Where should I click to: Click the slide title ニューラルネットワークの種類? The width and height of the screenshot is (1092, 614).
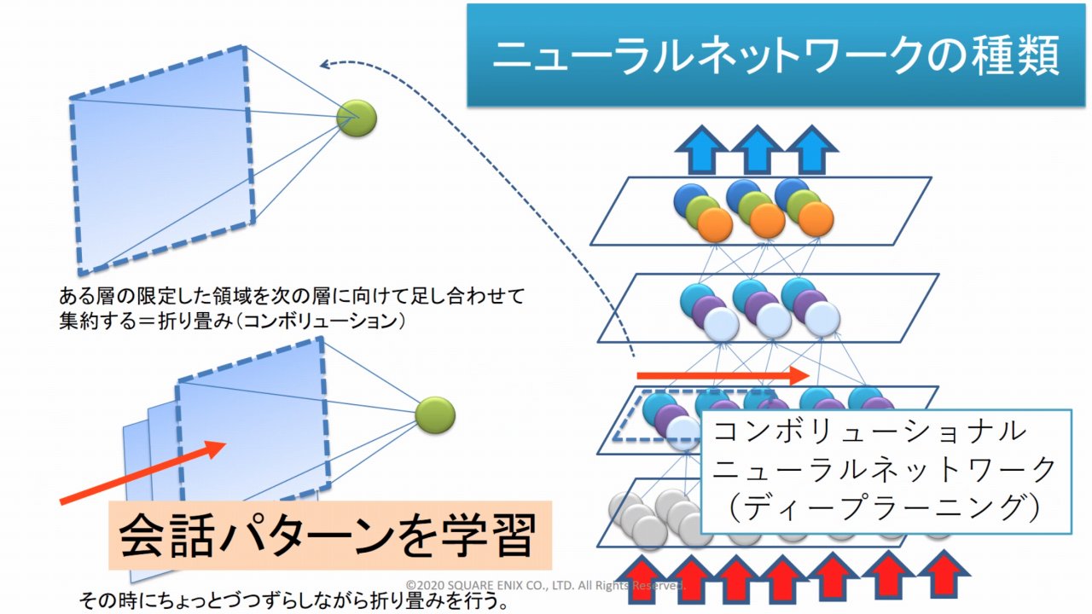pyautogui.click(x=776, y=56)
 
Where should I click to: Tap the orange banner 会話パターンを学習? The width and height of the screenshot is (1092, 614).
pyautogui.click(x=328, y=536)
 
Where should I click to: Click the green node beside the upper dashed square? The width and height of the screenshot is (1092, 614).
pyautogui.click(x=357, y=119)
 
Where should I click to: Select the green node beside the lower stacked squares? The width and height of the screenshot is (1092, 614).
pyautogui.click(x=435, y=415)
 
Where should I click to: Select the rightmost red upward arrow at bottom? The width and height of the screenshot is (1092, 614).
pyautogui.click(x=943, y=573)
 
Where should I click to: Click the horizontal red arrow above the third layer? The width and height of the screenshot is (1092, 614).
pyautogui.click(x=722, y=375)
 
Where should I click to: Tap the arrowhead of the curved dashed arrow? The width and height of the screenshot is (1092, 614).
pyautogui.click(x=325, y=65)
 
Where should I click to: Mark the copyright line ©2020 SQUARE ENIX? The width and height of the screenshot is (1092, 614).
pyautogui.click(x=546, y=586)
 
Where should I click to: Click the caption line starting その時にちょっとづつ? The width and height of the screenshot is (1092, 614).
pyautogui.click(x=294, y=601)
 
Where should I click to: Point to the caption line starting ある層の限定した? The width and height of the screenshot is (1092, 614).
pyautogui.click(x=290, y=297)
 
